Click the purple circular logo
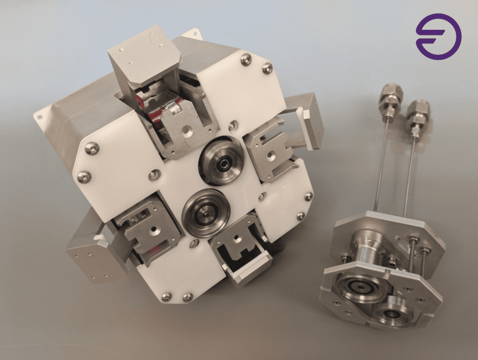click(x=438, y=37)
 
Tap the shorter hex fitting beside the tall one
click(x=415, y=115)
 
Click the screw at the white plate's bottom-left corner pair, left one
click(x=166, y=296)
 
